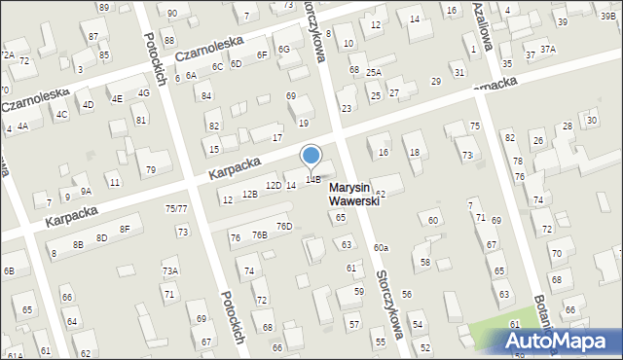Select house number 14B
312,179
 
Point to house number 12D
274,185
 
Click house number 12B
250,195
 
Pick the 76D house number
283,227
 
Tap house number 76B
259,235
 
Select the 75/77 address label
176,208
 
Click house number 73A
170,271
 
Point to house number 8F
125,230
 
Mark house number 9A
86,192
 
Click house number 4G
143,93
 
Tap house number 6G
283,49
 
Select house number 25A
374,72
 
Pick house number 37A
548,49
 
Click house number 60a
380,249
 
